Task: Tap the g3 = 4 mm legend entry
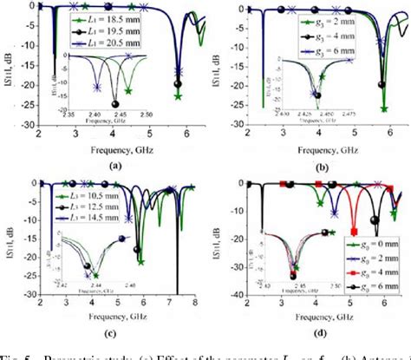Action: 316,29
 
